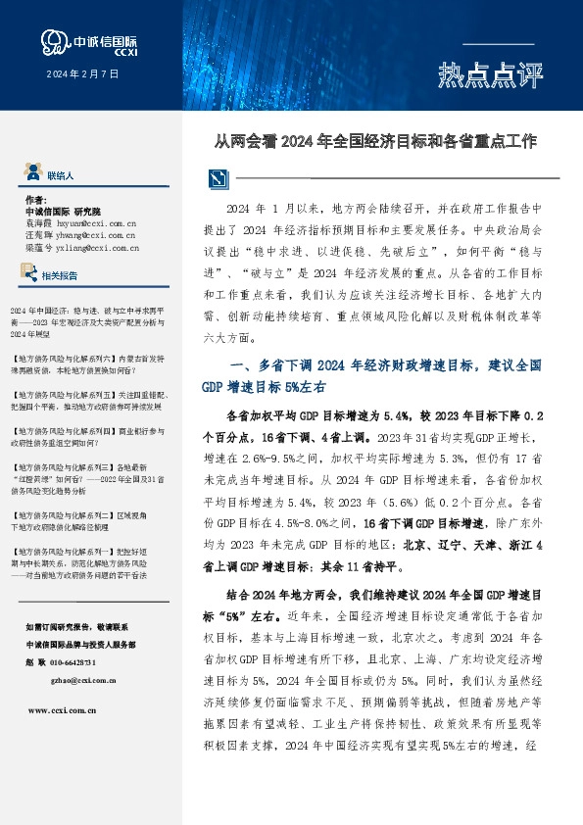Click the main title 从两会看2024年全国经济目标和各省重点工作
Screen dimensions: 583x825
[x=376, y=140]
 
